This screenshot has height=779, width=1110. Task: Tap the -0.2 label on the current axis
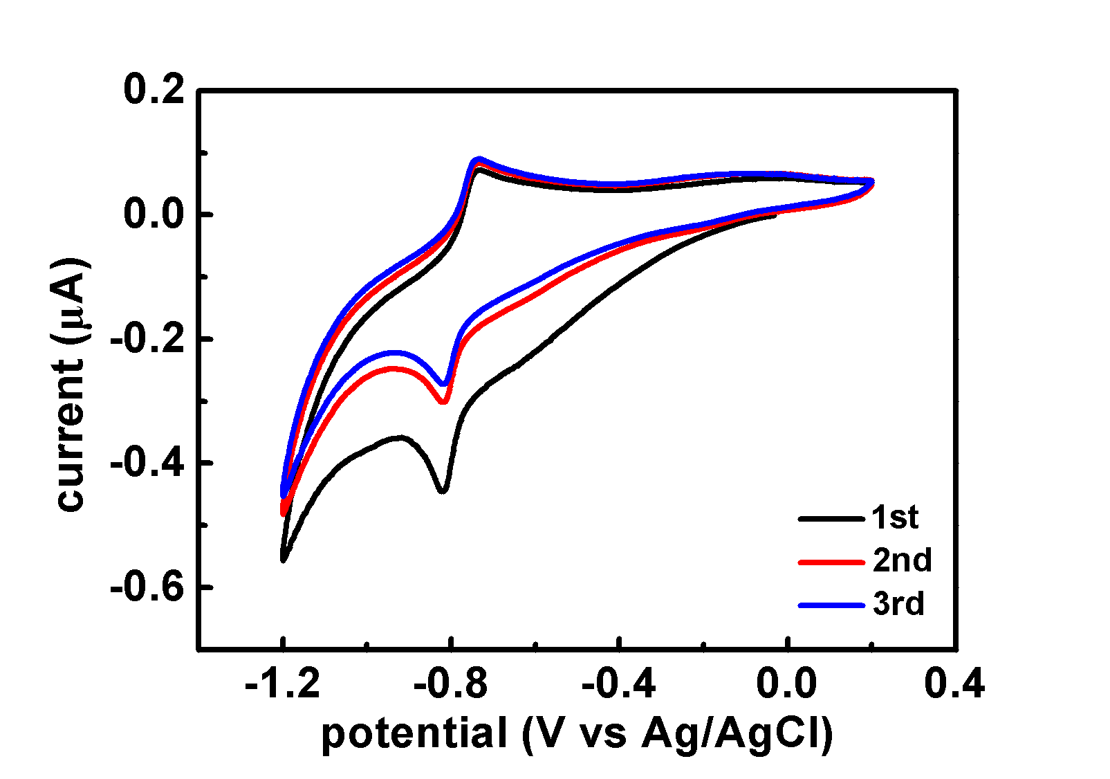[147, 339]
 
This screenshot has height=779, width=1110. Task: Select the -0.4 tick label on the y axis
[147, 463]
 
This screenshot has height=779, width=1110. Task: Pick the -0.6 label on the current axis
[147, 587]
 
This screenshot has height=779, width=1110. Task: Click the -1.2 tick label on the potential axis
[282, 685]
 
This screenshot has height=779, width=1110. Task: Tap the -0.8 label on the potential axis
[450, 685]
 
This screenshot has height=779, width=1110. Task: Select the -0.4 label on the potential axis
[618, 685]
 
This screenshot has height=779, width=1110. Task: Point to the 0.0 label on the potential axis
[786, 685]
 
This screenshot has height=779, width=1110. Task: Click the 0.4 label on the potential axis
[954, 685]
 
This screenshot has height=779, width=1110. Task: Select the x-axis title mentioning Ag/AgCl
[577, 733]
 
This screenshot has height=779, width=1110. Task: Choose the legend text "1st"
[895, 517]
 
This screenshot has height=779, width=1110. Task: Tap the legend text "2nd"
[902, 561]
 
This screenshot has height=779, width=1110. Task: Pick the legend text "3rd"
[898, 605]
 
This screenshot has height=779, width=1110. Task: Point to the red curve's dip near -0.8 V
[444, 401]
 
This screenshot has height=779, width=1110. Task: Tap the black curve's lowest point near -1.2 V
[283, 559]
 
